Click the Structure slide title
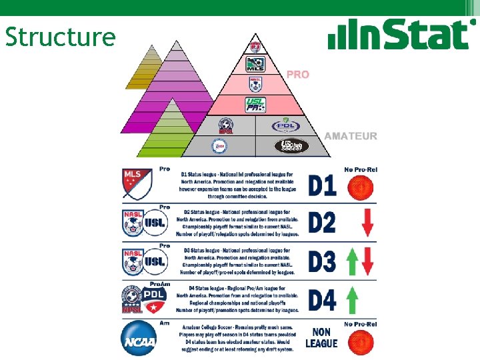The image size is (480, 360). point(60,37)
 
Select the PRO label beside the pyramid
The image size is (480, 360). point(298,75)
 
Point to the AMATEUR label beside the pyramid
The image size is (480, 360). point(351,136)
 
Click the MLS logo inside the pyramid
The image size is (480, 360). point(255,65)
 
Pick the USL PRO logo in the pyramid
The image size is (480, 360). point(255,105)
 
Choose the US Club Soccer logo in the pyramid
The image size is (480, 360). point(292,146)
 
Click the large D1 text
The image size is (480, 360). point(323,185)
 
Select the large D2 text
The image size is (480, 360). point(323,222)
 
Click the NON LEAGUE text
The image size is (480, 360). point(321,337)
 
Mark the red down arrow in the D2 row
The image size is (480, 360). point(367,223)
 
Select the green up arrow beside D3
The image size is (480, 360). point(353,261)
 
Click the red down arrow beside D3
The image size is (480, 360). point(368,261)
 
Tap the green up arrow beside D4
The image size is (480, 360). point(352,299)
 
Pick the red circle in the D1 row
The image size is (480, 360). point(361,188)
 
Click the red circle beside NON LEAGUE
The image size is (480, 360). point(361,341)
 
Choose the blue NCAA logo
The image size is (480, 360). point(139,339)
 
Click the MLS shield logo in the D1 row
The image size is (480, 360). point(137,183)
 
